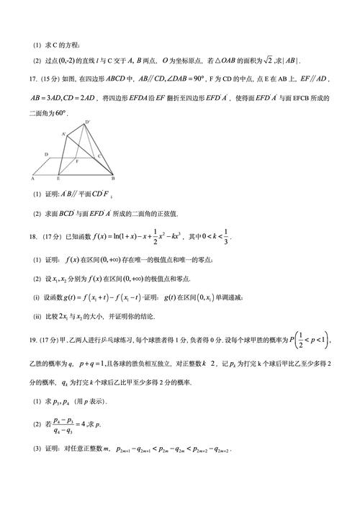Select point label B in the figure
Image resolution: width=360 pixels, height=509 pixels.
(113, 178)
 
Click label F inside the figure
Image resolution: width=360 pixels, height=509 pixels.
(76, 163)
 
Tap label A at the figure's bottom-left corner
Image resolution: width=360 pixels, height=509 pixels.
(32, 178)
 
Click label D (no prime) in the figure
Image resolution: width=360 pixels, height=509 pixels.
(45, 155)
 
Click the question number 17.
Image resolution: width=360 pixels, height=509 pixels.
(34, 78)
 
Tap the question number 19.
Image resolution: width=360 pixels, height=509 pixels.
(33, 343)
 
